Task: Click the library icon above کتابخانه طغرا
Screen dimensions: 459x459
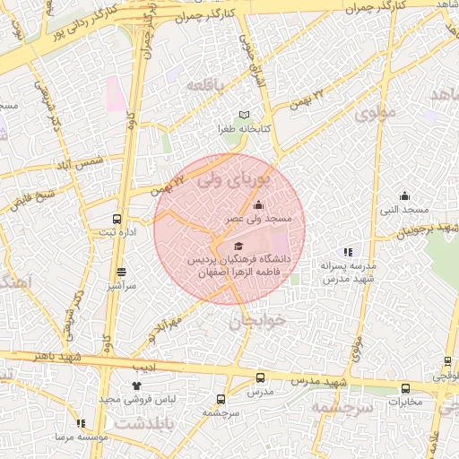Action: click(x=246, y=116)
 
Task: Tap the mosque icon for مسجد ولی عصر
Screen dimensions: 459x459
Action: click(x=259, y=205)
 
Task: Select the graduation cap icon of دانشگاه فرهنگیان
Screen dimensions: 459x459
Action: click(x=238, y=246)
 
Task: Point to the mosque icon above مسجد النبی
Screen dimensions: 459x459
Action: click(x=404, y=196)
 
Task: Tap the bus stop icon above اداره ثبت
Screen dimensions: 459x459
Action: click(x=117, y=219)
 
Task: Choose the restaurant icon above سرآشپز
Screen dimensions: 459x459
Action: click(x=121, y=272)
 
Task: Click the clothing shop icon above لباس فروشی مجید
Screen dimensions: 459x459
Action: click(x=136, y=385)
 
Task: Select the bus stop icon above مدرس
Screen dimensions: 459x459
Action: click(x=260, y=378)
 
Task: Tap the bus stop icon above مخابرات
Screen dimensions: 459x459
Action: click(x=406, y=388)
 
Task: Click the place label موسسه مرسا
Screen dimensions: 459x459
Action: click(x=82, y=436)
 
